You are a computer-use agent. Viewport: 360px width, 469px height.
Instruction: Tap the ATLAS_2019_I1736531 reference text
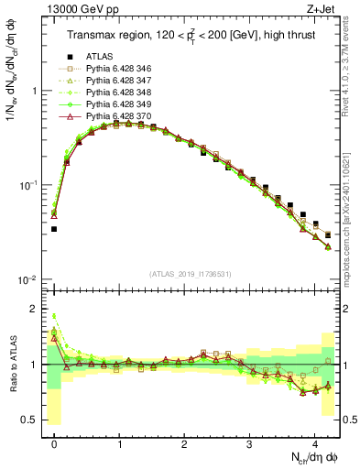pyautogui.click(x=189, y=274)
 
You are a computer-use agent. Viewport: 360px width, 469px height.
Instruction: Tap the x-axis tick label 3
pyautogui.click(x=250, y=441)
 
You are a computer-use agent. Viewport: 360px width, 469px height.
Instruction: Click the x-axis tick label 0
pyautogui.click(x=55, y=441)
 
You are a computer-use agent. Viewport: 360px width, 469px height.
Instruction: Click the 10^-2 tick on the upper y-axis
pyautogui.click(x=27, y=279)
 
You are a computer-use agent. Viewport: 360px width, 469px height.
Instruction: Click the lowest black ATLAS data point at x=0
pyautogui.click(x=54, y=229)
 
